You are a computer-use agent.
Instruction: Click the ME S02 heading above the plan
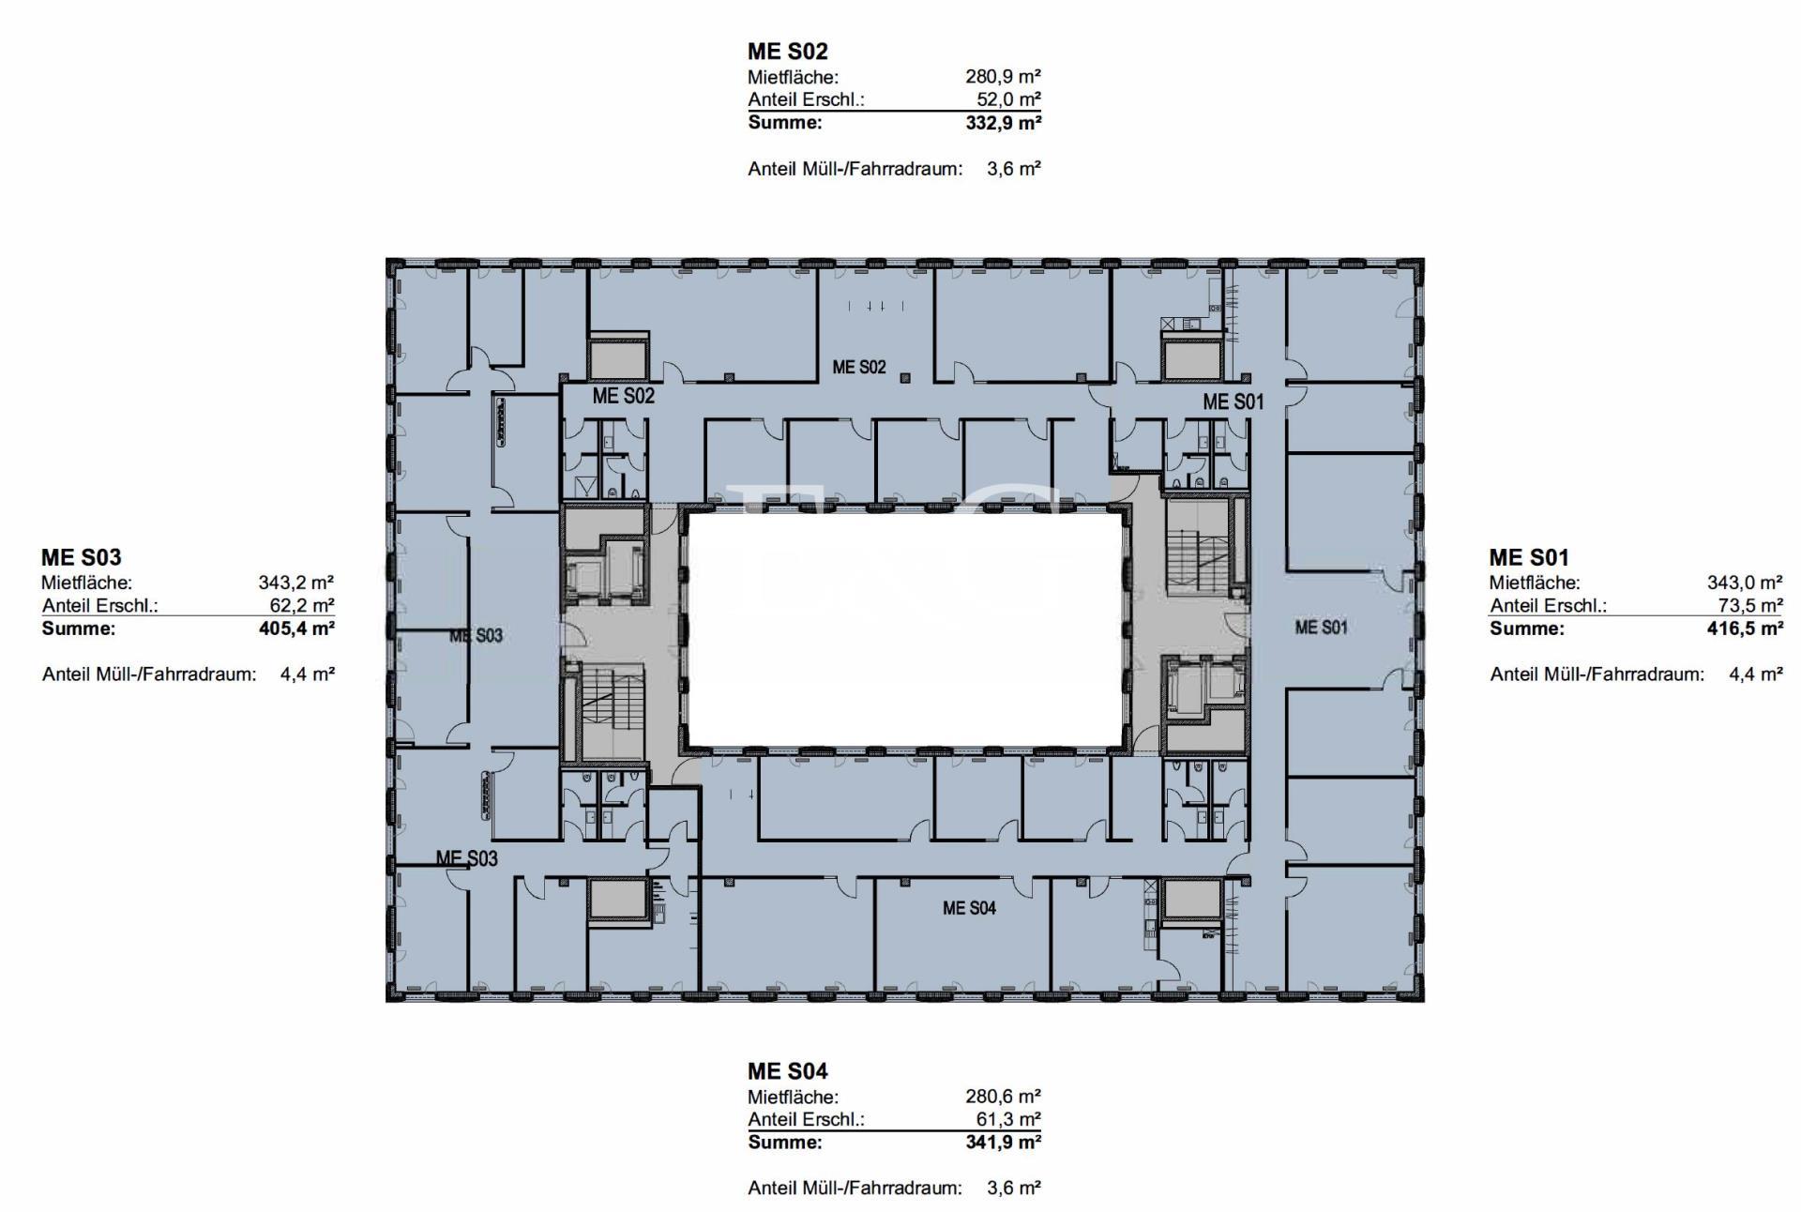pyautogui.click(x=787, y=51)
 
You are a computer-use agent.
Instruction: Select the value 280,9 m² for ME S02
pyautogui.click(x=1003, y=77)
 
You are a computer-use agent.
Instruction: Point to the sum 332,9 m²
pyautogui.click(x=1003, y=123)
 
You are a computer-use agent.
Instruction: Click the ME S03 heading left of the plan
pyautogui.click(x=82, y=557)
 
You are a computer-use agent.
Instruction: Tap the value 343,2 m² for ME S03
pyautogui.click(x=296, y=583)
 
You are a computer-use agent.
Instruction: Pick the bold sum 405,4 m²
pyautogui.click(x=296, y=629)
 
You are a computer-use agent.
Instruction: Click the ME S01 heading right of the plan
pyautogui.click(x=1529, y=557)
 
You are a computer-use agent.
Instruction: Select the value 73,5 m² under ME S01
pyautogui.click(x=1750, y=606)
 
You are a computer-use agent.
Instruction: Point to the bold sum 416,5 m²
pyautogui.click(x=1745, y=629)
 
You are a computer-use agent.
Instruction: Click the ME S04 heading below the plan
pyautogui.click(x=788, y=1071)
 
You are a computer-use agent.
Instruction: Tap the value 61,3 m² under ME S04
pyautogui.click(x=1008, y=1119)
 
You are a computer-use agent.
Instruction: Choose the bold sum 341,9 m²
pyautogui.click(x=1003, y=1143)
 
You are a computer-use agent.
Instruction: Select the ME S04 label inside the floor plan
pyautogui.click(x=969, y=908)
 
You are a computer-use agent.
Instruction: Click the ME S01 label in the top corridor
pyautogui.click(x=1233, y=402)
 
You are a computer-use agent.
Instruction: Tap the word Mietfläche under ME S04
pyautogui.click(x=793, y=1097)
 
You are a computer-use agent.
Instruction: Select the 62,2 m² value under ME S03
pyautogui.click(x=302, y=606)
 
